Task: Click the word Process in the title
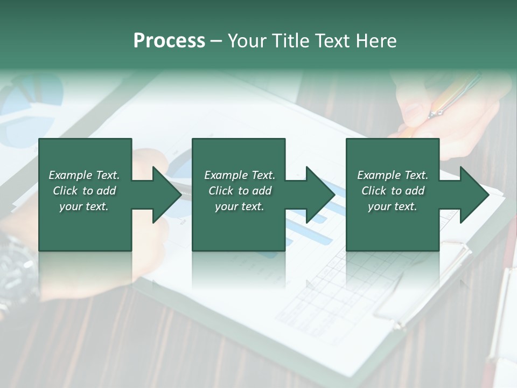[169, 40]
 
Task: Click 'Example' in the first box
[71, 175]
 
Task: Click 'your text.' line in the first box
[84, 206]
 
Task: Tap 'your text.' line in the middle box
[240, 206]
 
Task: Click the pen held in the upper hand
[455, 97]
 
